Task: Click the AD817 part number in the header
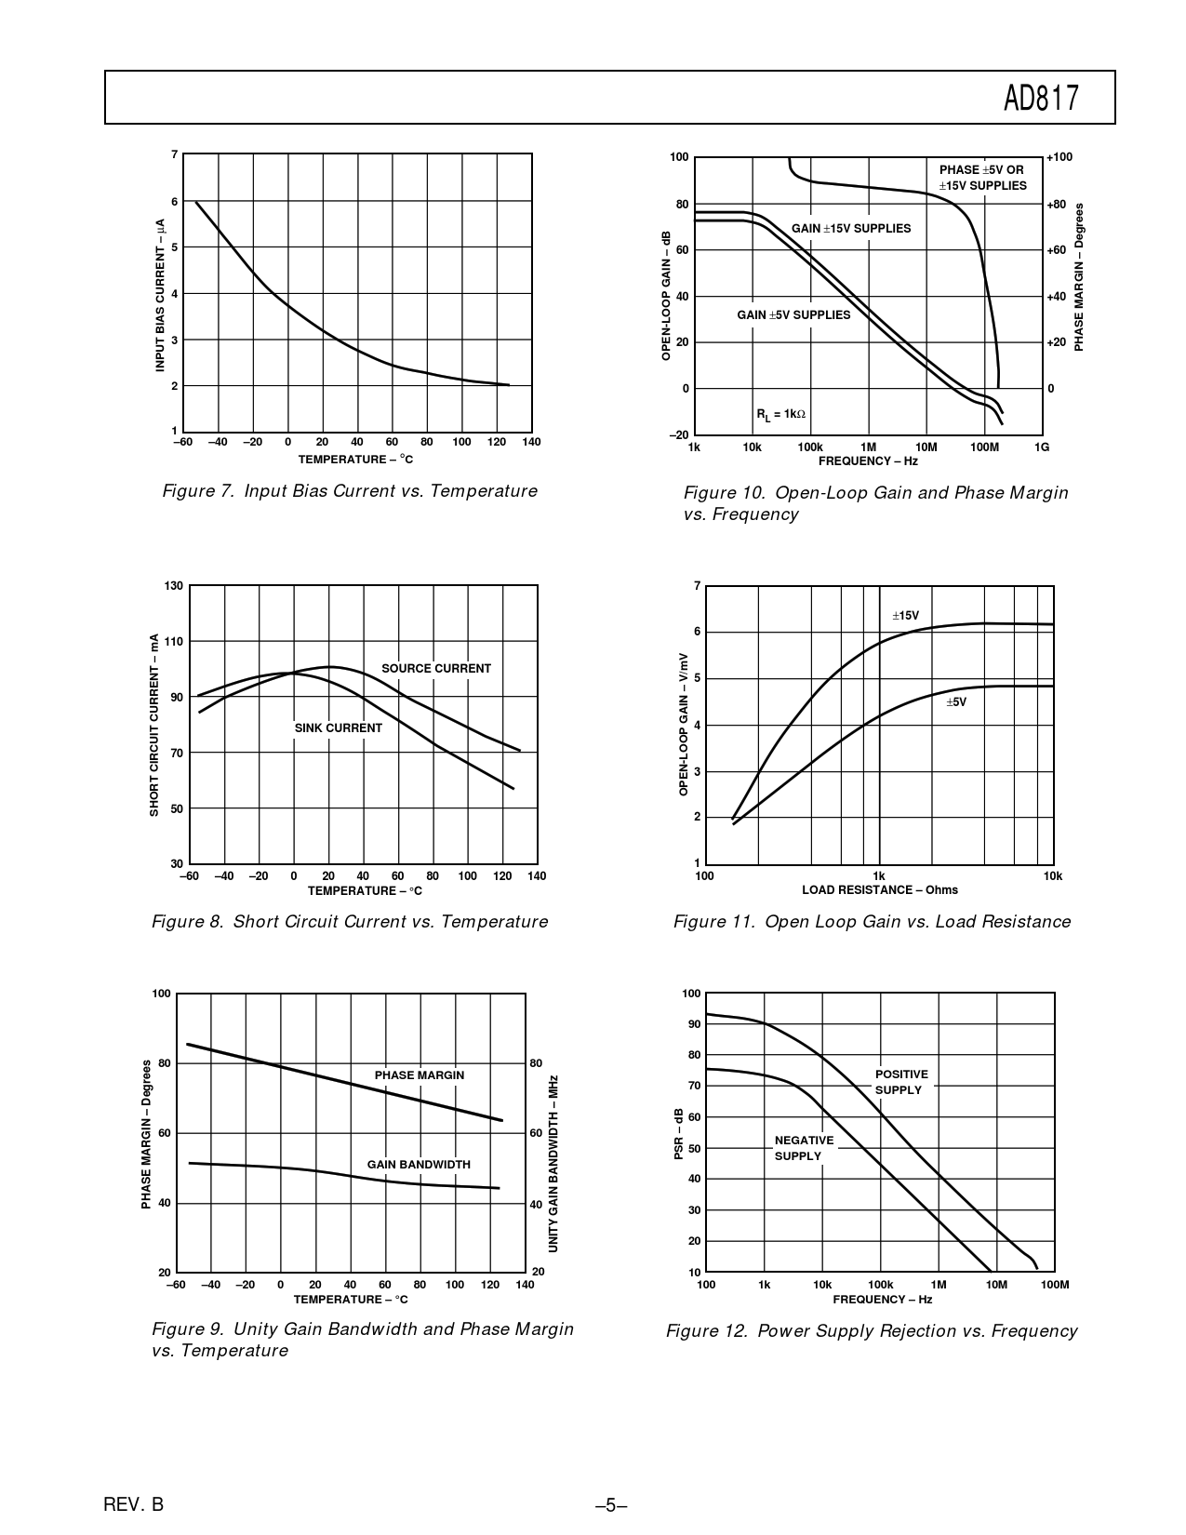point(1042,98)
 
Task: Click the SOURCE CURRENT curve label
point(435,669)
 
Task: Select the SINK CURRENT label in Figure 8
point(338,728)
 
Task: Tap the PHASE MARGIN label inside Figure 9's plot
point(419,1075)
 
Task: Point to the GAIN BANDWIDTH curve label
point(419,1165)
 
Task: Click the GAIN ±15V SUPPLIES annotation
point(851,229)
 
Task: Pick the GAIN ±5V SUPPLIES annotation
point(793,315)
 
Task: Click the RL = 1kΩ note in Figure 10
point(780,414)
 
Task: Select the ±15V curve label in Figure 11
point(905,616)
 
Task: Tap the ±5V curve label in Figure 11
point(956,702)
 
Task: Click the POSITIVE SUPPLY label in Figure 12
point(900,1082)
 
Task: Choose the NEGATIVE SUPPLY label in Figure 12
point(804,1148)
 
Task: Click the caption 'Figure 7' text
point(349,491)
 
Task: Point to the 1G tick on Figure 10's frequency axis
point(1042,447)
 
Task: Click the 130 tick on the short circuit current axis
point(173,586)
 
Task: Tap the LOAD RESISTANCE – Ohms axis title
point(879,890)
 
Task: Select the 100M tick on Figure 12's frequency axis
point(1055,1285)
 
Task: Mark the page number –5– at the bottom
point(611,1505)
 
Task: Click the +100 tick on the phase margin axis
point(1059,157)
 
